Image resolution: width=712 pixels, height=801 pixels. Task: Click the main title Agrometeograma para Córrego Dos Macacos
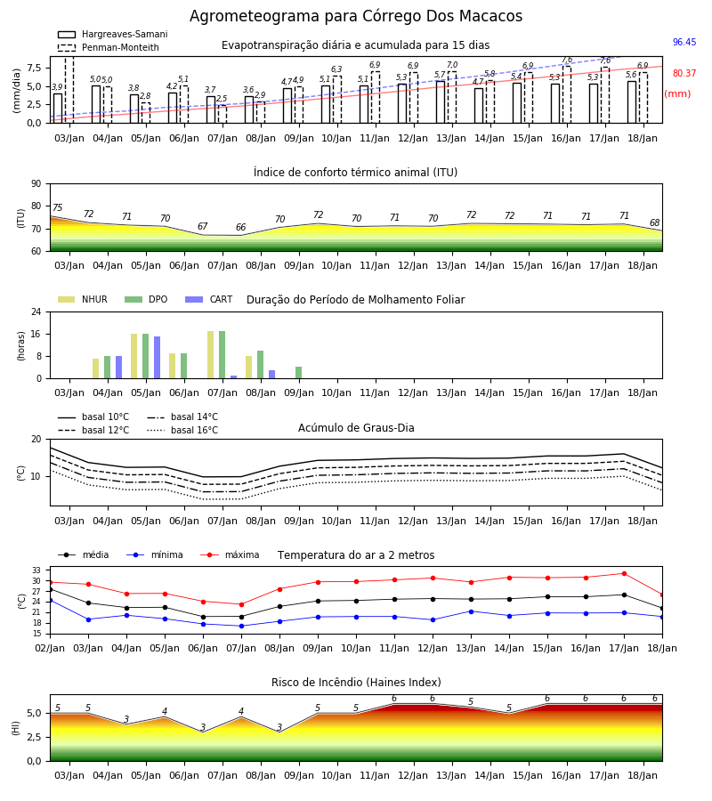pos(356,16)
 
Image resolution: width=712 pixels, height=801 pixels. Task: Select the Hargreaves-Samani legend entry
pos(113,34)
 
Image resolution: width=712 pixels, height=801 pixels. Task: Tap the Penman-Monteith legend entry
pos(109,47)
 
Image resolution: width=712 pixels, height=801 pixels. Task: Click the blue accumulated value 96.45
pos(684,42)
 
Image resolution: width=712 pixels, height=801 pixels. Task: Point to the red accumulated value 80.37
pos(684,73)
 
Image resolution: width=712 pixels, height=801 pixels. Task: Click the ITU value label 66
pos(240,227)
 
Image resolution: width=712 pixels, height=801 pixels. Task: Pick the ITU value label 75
pos(57,207)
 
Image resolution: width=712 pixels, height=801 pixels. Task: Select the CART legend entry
pos(209,299)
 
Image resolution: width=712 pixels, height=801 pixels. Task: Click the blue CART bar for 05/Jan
pos(158,358)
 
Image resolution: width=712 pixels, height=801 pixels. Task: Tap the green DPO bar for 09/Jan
pos(299,373)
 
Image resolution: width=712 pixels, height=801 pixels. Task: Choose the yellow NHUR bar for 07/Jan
pos(210,355)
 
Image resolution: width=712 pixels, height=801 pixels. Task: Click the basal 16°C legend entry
pos(182,430)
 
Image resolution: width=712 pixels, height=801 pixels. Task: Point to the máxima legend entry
pos(231,554)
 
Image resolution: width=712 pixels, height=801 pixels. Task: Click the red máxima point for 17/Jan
pos(624,574)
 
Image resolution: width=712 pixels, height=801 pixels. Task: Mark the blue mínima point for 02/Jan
pos(50,600)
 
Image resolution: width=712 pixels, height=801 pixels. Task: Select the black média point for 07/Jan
pos(241,617)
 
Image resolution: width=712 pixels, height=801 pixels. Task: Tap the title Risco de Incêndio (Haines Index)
pos(356,683)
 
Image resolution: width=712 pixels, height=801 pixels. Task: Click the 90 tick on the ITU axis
pos(36,184)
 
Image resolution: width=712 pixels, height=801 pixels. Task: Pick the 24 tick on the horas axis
pos(36,311)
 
